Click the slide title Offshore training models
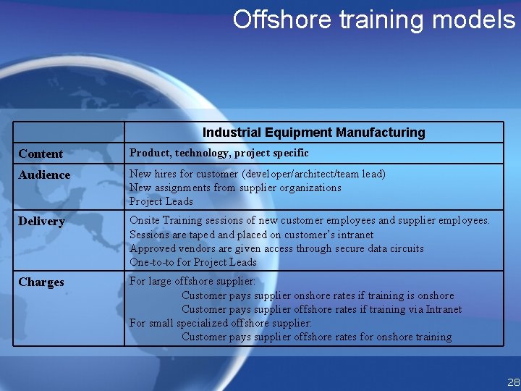click(373, 20)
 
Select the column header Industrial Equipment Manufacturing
click(313, 133)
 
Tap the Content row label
click(41, 154)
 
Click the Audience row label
click(44, 175)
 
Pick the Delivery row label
click(41, 221)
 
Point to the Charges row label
click(41, 282)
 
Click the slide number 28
click(513, 382)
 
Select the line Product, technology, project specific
click(219, 153)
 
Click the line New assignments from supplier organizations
click(235, 188)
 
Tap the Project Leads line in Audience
click(161, 201)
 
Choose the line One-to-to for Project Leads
click(193, 262)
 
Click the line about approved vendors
click(276, 248)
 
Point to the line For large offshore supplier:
click(192, 281)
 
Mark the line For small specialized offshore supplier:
click(220, 323)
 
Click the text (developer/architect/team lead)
click(314, 174)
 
